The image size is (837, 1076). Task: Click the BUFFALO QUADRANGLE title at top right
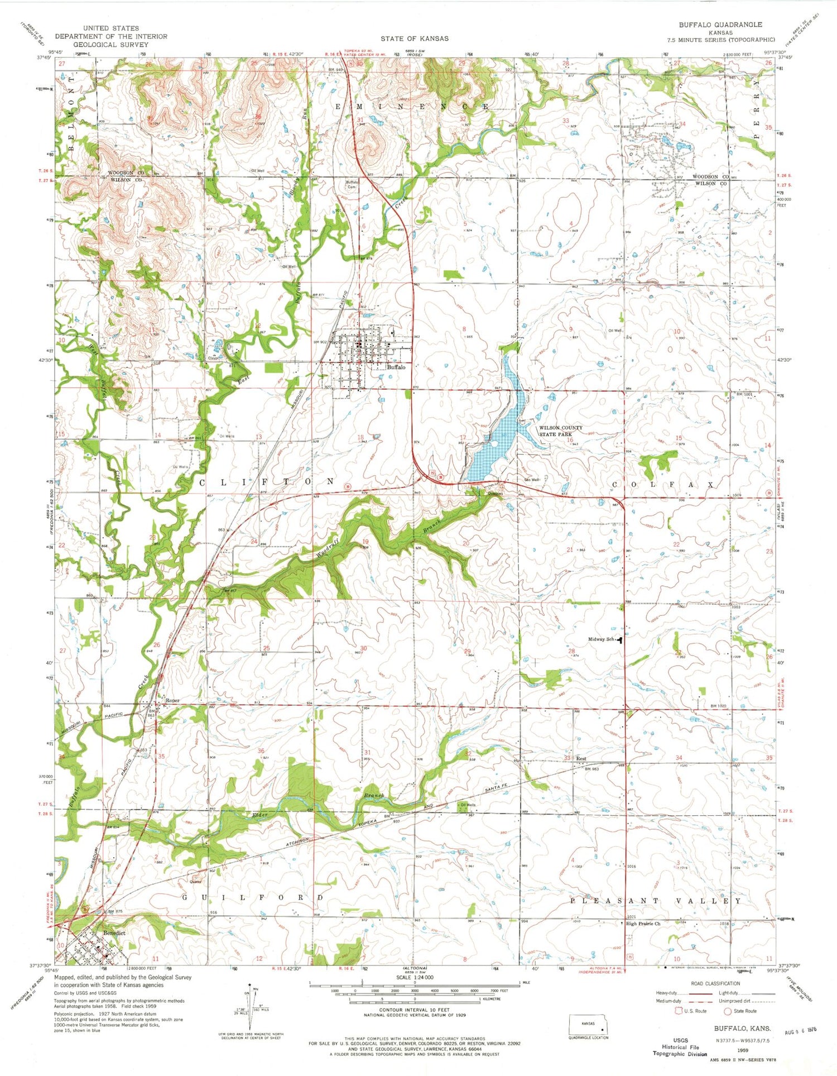pos(720,25)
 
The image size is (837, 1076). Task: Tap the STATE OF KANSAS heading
pos(414,39)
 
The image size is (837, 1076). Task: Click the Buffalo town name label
pos(396,367)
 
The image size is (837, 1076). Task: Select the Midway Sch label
pos(601,639)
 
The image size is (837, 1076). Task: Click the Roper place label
pos(171,700)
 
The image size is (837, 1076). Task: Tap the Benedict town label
pos(114,933)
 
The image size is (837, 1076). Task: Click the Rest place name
pos(581,759)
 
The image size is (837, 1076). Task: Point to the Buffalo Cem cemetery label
pos(352,184)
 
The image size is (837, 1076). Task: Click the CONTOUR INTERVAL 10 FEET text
pos(414,1010)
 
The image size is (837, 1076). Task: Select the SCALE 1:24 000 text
pos(414,977)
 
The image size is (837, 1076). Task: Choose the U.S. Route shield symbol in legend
pos(680,1011)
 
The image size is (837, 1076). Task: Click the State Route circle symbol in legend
pos(728,1011)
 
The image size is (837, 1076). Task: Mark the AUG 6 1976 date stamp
pos(801,1028)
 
